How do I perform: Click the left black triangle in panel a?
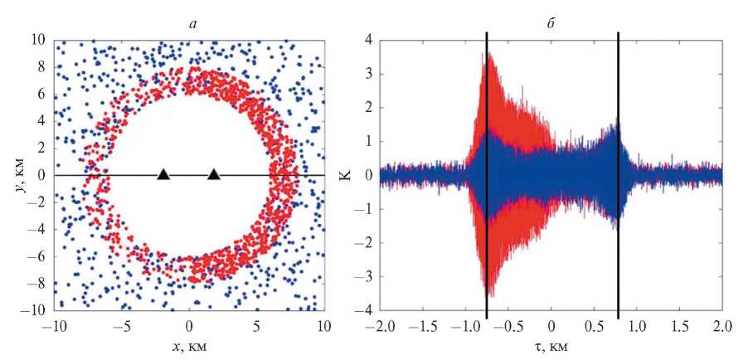tap(163, 174)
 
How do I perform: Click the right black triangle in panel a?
tap(214, 174)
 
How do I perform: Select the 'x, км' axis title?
tap(190, 347)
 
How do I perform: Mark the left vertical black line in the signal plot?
tap(487, 174)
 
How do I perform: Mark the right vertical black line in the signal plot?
tap(619, 174)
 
